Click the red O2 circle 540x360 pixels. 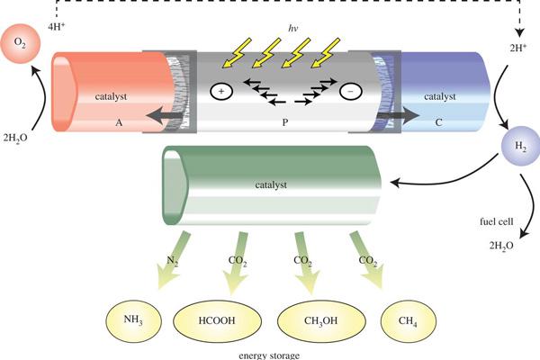click(21, 43)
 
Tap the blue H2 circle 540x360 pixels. click(521, 146)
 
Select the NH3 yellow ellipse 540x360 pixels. click(133, 320)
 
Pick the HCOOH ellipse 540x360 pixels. click(217, 321)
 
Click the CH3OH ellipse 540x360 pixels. click(321, 321)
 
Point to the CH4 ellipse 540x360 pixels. click(408, 321)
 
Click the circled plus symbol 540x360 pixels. click(221, 91)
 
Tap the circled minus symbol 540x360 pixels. click(351, 91)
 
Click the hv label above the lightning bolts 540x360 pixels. click(292, 28)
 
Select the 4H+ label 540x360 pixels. click(57, 26)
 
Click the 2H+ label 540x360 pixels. click(518, 48)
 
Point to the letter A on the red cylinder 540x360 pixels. click(119, 122)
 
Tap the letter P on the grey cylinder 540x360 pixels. click(284, 122)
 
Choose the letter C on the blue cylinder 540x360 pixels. click(438, 122)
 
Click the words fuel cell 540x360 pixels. click(497, 221)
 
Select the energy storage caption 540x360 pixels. click(269, 355)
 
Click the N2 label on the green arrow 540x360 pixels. click(172, 260)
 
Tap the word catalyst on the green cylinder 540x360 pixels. click(271, 185)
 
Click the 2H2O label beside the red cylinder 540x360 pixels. click(15, 138)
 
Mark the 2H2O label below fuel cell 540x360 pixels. click(501, 246)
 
